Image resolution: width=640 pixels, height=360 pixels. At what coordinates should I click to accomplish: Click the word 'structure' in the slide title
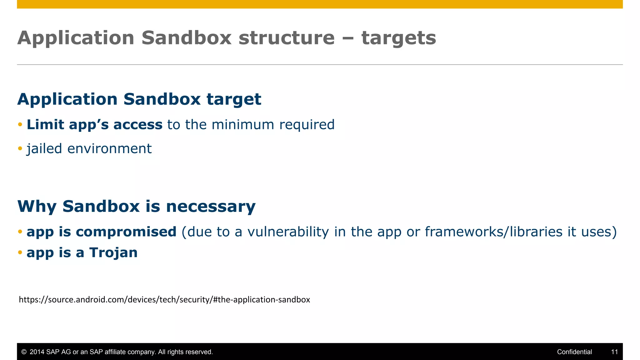[x=286, y=38]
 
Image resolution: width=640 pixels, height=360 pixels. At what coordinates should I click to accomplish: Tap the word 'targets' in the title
[x=398, y=38]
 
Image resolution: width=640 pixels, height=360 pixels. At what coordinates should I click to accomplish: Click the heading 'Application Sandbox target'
[x=139, y=99]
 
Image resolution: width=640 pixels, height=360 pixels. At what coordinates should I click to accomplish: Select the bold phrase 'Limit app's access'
[x=94, y=125]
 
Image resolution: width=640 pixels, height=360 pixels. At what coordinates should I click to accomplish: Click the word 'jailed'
[x=44, y=149]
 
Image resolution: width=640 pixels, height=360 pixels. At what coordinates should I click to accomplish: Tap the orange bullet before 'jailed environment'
[x=20, y=148]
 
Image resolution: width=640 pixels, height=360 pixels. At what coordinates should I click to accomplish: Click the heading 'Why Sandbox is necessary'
[x=136, y=206]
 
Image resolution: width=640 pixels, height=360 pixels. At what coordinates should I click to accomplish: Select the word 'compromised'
[x=126, y=232]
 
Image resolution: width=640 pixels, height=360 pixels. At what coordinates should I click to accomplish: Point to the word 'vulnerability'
[x=288, y=232]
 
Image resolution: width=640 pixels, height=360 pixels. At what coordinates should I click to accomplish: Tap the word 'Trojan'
[x=113, y=252]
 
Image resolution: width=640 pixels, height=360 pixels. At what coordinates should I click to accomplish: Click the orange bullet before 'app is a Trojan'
[x=20, y=252]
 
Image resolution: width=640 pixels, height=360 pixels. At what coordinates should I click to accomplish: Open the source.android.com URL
[x=164, y=300]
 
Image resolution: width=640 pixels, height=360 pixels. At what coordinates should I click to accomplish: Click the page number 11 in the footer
[x=614, y=352]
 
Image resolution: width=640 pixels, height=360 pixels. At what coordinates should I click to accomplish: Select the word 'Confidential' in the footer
[x=574, y=352]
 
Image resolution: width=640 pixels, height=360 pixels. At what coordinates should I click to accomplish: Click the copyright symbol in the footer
[x=24, y=352]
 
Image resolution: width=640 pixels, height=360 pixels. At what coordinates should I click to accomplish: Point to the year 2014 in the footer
[x=37, y=352]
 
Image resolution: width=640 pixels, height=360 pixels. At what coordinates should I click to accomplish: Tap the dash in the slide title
[x=348, y=38]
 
